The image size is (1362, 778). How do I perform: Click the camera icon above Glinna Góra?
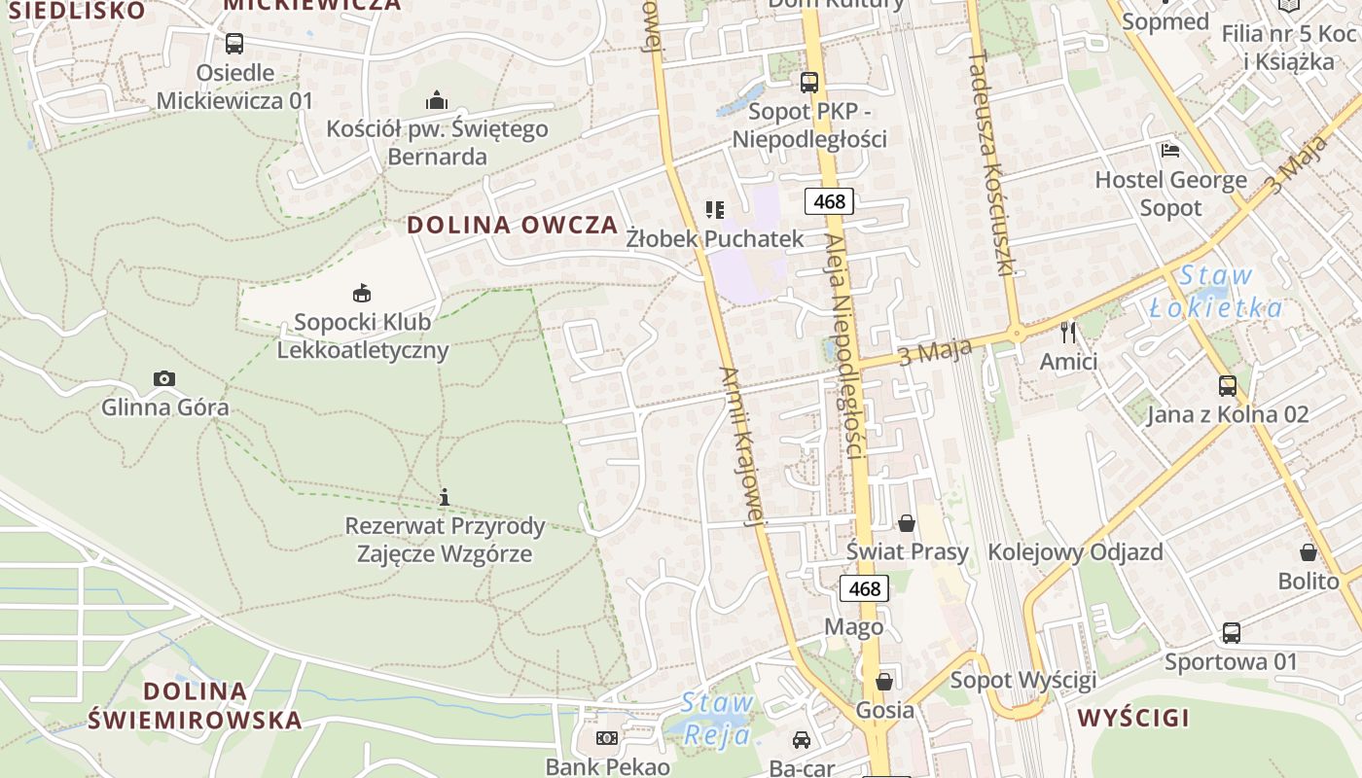point(164,378)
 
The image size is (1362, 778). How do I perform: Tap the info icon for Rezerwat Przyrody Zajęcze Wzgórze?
point(445,497)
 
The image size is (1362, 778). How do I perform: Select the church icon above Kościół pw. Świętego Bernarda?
point(437,100)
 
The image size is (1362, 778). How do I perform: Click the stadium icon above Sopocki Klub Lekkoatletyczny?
point(362,292)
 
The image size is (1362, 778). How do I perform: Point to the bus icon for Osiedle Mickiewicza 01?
point(234,44)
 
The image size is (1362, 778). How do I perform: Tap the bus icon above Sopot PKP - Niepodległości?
point(809,82)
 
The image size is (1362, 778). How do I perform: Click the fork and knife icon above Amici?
point(1068,333)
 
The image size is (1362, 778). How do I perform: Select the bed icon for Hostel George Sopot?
point(1170,151)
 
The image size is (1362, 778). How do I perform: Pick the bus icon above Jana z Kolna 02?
point(1228,386)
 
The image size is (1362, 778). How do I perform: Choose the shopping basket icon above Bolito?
point(1308,552)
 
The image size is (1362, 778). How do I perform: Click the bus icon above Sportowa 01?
point(1232,633)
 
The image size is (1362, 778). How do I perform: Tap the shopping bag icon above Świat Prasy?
point(907,523)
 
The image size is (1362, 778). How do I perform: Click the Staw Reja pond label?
point(718,718)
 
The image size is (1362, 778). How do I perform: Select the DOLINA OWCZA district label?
point(513,225)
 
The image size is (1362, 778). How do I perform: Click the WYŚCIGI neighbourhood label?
point(1133,719)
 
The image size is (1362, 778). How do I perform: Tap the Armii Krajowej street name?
point(740,446)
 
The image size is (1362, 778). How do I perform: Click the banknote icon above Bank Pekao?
point(607,738)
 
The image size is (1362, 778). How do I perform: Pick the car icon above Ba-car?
point(802,740)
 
